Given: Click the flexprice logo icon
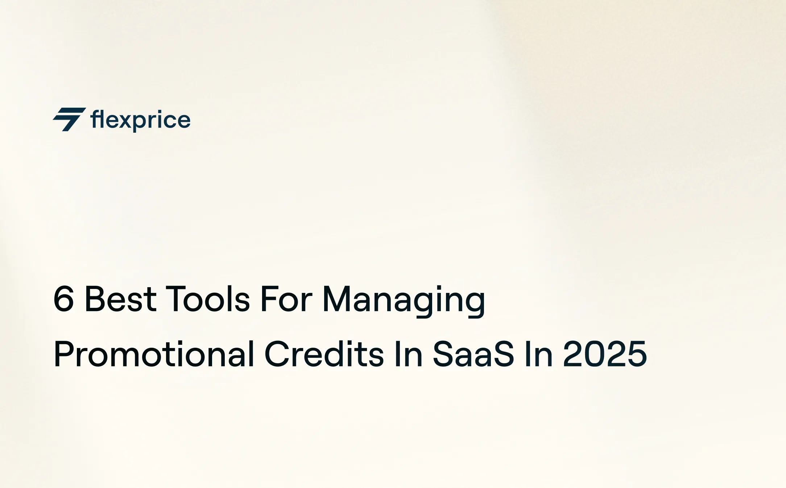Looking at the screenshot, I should pos(69,119).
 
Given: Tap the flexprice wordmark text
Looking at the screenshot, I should pos(140,120).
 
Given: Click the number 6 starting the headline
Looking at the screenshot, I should pos(64,299).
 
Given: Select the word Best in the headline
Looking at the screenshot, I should pos(120,299).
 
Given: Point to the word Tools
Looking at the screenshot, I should pos(208,299).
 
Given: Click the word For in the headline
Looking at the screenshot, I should pos(286,299).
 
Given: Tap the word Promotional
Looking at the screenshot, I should pos(154,354).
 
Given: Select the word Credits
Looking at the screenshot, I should pos(324,354).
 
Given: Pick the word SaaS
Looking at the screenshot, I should pos(473,354).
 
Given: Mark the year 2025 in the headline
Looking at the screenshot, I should pos(605,354).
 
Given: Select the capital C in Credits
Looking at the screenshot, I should pos(276,354).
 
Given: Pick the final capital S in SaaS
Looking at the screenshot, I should pos(502,354).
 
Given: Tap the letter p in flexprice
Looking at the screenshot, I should pos(139,122).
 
